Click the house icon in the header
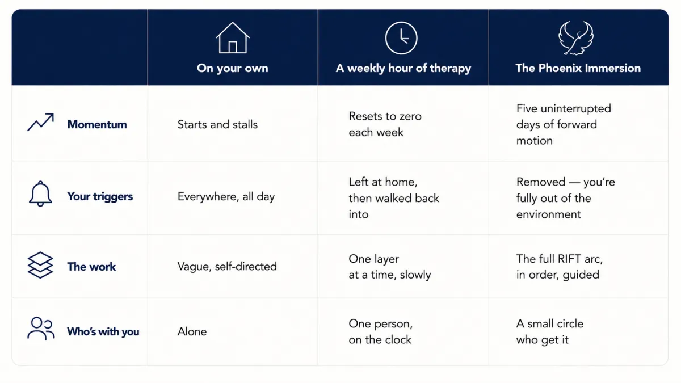(233, 37)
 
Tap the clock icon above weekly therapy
(401, 37)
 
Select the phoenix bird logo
(575, 37)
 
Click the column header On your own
(233, 68)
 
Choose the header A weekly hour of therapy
(403, 68)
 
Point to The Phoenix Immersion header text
(578, 68)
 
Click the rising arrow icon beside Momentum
(40, 122)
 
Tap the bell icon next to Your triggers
(40, 193)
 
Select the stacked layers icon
(40, 265)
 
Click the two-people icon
(41, 329)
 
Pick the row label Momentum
(97, 124)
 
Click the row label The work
(91, 267)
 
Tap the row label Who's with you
(103, 331)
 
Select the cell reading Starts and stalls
(217, 124)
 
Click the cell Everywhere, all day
(226, 197)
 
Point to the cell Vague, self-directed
(227, 267)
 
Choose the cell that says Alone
(192, 331)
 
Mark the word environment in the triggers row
(548, 214)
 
